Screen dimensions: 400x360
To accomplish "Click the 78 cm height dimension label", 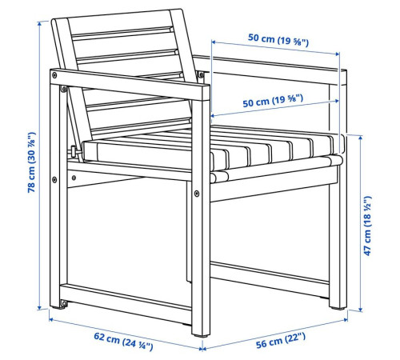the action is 31,162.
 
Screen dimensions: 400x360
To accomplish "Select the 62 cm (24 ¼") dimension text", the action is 123,341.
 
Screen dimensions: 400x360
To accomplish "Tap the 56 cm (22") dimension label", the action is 281,340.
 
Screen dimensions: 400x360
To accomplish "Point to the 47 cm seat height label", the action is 367,226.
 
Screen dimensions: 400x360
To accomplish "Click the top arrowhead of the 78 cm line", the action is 39,23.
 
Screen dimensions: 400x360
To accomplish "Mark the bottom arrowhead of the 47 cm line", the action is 361,310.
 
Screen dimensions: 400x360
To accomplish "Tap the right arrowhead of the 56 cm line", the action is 346,319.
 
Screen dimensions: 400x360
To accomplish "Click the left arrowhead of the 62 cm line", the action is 51,318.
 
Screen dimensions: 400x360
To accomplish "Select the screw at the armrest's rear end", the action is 54,75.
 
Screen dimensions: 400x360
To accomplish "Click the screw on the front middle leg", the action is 197,194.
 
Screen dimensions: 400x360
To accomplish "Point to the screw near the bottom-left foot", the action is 64,303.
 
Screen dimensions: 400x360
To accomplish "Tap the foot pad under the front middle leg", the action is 201,336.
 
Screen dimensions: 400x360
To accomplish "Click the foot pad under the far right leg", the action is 338,308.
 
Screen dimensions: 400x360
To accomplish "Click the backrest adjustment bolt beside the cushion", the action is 74,152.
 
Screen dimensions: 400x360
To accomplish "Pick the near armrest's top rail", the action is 130,84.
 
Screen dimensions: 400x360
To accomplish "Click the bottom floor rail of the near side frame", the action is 126,298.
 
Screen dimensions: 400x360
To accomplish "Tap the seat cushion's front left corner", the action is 84,143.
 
